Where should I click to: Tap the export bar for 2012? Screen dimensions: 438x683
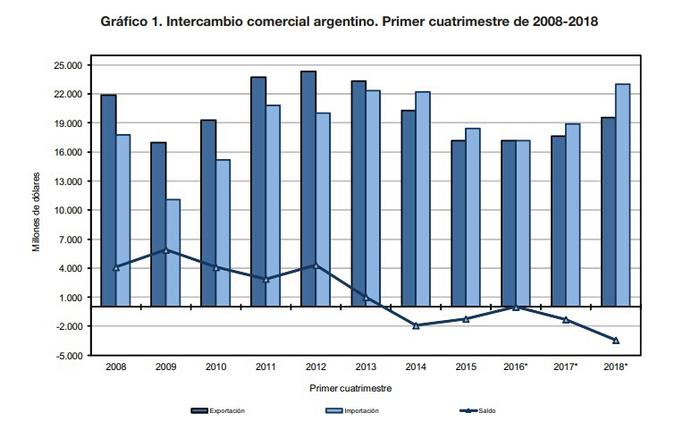(308, 188)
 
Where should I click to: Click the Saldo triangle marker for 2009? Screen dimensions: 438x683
(165, 250)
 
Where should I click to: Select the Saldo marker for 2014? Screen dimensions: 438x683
(416, 325)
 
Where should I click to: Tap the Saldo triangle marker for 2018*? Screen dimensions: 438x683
(616, 340)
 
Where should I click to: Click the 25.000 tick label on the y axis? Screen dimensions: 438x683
(68, 65)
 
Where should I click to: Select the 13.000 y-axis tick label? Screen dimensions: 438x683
(68, 181)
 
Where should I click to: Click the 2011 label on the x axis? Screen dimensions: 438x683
(266, 367)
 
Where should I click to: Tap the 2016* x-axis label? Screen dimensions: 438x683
(516, 367)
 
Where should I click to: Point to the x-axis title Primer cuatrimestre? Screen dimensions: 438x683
(350, 389)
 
